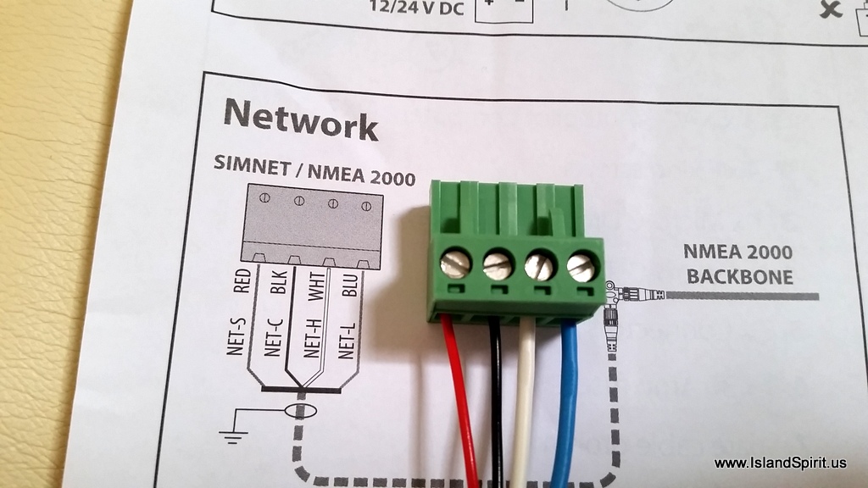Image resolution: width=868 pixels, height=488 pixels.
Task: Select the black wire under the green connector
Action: click(x=497, y=398)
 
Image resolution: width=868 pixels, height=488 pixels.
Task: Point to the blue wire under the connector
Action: click(x=565, y=398)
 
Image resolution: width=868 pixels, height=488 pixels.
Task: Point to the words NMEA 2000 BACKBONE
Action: click(x=739, y=264)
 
